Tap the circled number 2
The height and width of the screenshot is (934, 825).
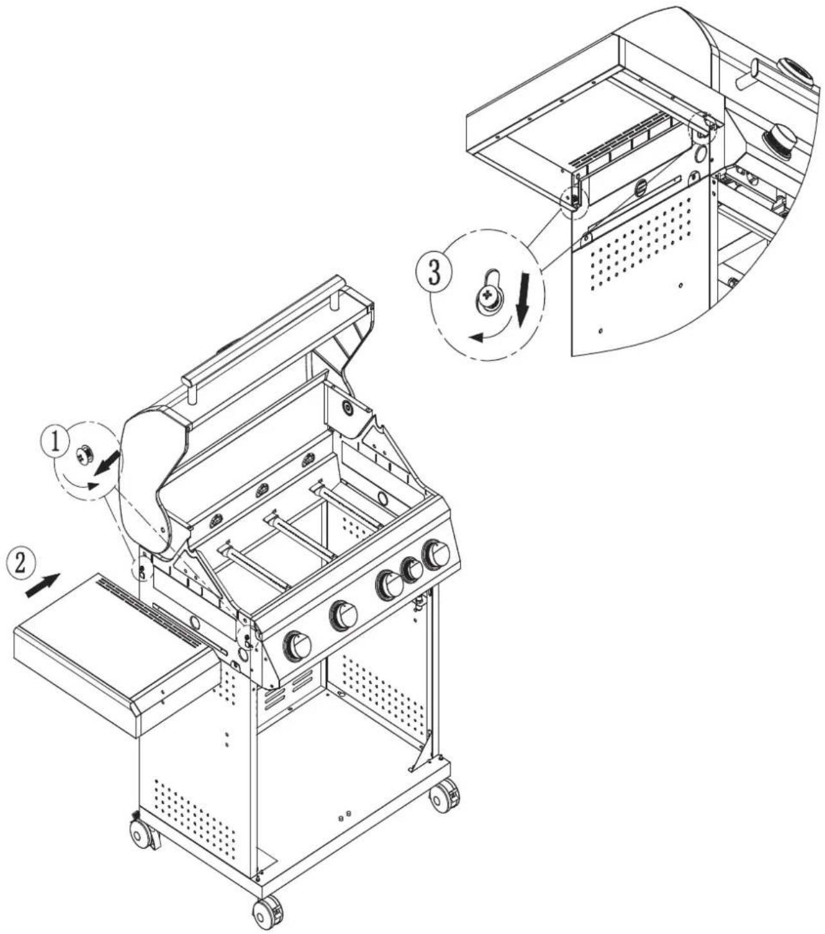point(20,563)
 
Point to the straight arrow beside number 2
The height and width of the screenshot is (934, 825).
point(43,585)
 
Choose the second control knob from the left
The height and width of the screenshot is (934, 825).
point(344,615)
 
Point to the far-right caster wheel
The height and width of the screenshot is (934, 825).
point(445,796)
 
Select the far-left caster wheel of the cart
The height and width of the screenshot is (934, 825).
point(144,834)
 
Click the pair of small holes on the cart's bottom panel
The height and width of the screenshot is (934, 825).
point(344,817)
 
